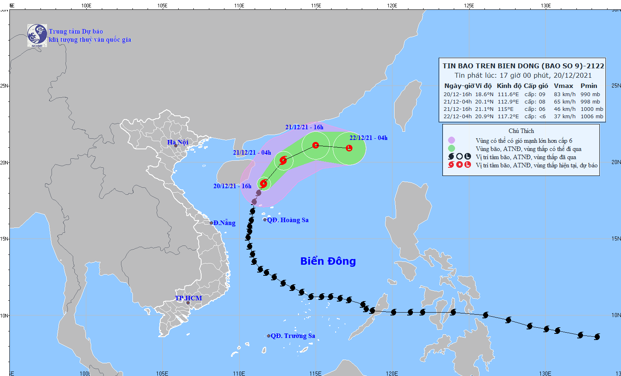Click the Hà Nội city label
[x=178, y=142]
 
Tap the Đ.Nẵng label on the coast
[x=224, y=223]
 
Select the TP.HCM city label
[x=188, y=298]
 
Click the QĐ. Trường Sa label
[x=292, y=336]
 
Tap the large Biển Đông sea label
[x=328, y=261]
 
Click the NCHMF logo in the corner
[x=37, y=36]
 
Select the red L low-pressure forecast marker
[x=349, y=148]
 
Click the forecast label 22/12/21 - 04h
[x=368, y=138]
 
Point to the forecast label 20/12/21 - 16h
[x=232, y=186]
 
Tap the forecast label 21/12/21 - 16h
[x=304, y=127]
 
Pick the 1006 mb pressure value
[x=592, y=117]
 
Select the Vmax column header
[x=563, y=86]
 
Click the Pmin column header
[x=589, y=86]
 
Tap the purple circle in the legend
[x=451, y=140]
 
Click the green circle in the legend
[x=451, y=149]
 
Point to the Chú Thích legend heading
[x=521, y=131]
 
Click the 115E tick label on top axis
[x=316, y=6]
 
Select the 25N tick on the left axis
[x=4, y=86]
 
